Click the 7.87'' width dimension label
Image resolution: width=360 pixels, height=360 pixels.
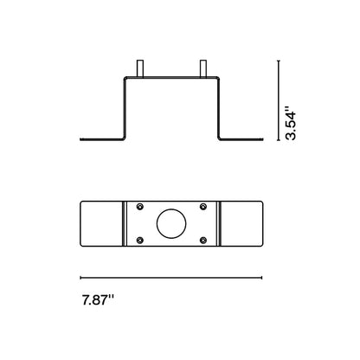pyautogui.click(x=98, y=300)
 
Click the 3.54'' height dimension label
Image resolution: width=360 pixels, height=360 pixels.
pyautogui.click(x=290, y=124)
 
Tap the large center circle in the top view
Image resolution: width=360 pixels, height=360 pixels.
pyautogui.click(x=171, y=223)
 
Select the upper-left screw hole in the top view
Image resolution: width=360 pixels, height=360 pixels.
pyautogui.click(x=140, y=206)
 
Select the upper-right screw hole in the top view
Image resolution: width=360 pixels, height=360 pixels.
pyautogui.click(x=203, y=206)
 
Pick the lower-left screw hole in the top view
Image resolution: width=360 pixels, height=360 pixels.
pyautogui.click(x=140, y=240)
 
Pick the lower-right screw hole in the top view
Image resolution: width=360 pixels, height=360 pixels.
pyautogui.click(x=203, y=240)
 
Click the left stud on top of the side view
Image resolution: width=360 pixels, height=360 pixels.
pyautogui.click(x=140, y=68)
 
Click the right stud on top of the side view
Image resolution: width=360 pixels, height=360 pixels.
pyautogui.click(x=203, y=68)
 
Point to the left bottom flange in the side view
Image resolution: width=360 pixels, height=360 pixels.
pyautogui.click(x=101, y=139)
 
